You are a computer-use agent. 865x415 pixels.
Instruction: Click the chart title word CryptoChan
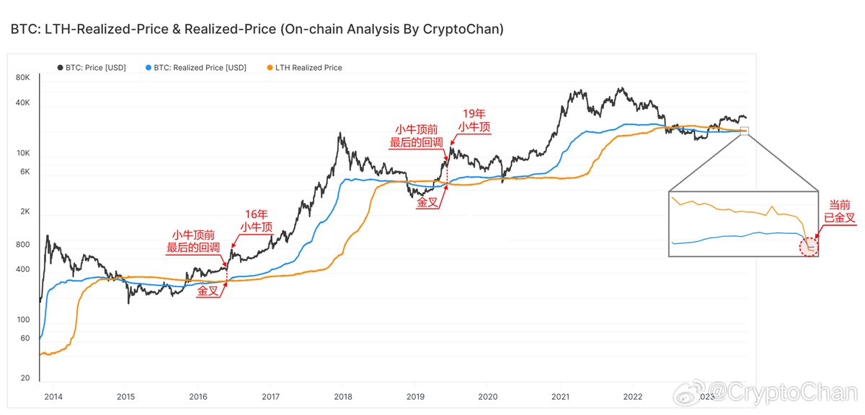[x=463, y=30]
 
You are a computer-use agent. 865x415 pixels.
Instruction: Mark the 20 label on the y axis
[x=25, y=378]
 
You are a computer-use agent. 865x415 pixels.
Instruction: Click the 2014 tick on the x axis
[x=53, y=396]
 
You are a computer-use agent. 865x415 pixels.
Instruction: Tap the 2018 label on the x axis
[x=342, y=396]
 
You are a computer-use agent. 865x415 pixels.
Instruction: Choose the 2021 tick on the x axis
[x=560, y=396]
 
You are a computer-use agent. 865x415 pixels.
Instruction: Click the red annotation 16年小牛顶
[x=257, y=220]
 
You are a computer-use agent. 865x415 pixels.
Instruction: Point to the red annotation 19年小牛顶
[x=474, y=120]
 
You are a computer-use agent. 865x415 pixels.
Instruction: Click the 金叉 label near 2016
[x=208, y=291]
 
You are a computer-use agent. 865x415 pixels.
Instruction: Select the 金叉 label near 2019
[x=427, y=204]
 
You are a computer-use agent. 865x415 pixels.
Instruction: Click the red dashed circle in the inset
[x=810, y=248]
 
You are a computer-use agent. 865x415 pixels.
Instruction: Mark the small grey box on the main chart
[x=745, y=131]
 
